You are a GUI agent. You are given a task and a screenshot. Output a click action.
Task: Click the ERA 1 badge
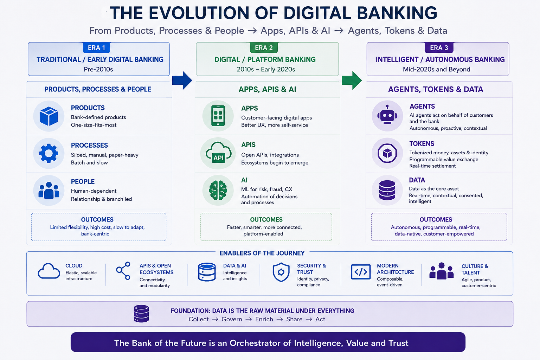(x=96, y=48)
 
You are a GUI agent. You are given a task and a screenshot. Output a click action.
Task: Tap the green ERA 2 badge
(x=264, y=48)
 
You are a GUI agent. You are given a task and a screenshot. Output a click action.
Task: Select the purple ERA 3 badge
(x=439, y=48)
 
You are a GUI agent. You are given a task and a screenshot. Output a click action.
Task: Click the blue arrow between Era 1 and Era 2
(x=182, y=80)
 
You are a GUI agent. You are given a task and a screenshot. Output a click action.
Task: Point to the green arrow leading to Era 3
(x=352, y=80)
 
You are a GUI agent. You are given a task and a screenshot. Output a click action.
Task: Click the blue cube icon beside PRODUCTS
(x=49, y=116)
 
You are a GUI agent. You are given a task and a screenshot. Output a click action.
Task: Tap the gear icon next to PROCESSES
(x=49, y=153)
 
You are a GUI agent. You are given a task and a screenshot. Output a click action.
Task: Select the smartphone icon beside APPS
(x=218, y=116)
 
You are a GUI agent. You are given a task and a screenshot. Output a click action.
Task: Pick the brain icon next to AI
(x=218, y=190)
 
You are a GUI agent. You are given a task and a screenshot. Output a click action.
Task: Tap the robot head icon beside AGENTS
(x=387, y=115)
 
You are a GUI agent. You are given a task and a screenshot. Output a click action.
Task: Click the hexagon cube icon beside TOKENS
(x=387, y=153)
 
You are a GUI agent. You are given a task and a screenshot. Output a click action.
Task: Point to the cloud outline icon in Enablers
(x=49, y=271)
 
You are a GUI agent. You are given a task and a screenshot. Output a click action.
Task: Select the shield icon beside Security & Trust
(x=281, y=272)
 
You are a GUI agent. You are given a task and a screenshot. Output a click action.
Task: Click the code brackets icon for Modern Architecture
(x=361, y=272)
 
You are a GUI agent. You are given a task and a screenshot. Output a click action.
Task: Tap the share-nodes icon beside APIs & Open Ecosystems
(x=123, y=271)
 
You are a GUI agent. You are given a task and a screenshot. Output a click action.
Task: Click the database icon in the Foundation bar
(x=141, y=314)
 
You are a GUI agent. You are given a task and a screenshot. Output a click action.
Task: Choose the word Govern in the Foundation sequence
(x=232, y=319)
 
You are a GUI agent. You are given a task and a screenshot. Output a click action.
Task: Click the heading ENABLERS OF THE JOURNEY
(x=262, y=253)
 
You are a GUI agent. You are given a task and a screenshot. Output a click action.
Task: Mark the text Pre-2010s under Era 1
(x=98, y=70)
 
